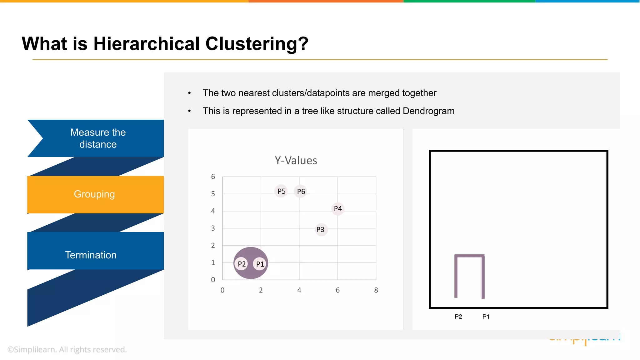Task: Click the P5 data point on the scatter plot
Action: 281,191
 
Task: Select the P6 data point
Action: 301,192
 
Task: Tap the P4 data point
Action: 338,209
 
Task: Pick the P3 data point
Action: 320,230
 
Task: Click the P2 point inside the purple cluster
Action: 242,264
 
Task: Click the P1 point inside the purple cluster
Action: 260,264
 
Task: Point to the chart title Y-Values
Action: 296,161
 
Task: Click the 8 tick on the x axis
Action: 376,290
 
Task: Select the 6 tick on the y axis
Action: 213,177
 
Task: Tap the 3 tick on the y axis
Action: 213,228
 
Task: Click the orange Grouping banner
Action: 95,194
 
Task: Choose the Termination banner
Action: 91,255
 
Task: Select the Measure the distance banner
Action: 98,138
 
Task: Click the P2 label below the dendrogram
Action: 458,317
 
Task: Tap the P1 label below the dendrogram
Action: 486,317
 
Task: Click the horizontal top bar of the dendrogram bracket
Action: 469,256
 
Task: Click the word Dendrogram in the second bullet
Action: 428,111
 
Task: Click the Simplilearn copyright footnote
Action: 67,349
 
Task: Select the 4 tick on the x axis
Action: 299,290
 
